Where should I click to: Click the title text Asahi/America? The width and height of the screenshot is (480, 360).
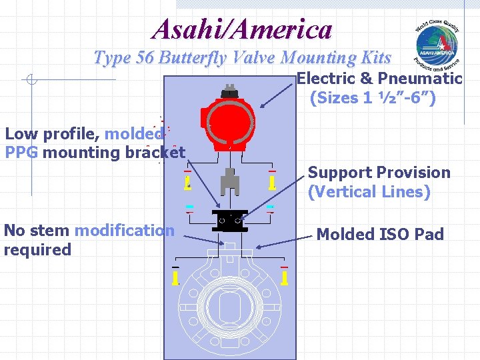(x=242, y=29)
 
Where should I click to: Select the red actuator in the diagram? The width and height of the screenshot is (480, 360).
(x=229, y=122)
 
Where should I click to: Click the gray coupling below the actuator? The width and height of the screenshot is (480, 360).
(x=229, y=180)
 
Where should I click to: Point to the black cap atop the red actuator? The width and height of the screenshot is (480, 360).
(x=230, y=91)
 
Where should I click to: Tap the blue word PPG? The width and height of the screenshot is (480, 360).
(x=21, y=153)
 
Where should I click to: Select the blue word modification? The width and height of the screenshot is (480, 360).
(x=125, y=231)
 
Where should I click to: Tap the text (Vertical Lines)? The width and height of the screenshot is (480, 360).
(x=369, y=192)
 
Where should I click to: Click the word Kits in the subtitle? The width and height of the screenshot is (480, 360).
(x=375, y=58)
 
